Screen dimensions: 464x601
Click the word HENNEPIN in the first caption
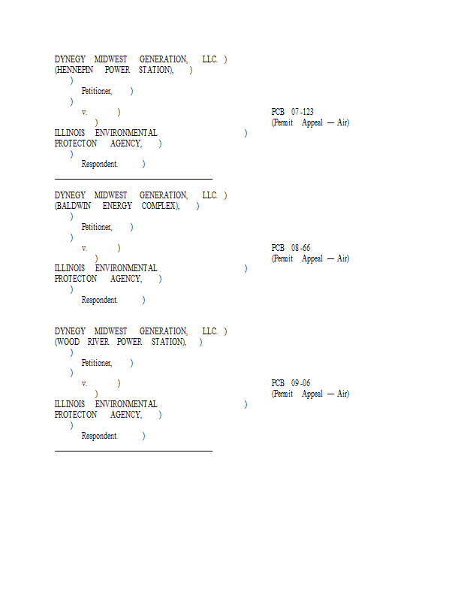[74, 70]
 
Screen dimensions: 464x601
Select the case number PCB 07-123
[292, 112]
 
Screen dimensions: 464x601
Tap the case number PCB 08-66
[291, 248]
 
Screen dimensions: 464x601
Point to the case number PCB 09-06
[291, 383]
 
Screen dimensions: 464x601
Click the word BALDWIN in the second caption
[73, 206]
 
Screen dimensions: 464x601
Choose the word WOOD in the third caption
[67, 342]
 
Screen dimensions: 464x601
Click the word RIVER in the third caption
[98, 342]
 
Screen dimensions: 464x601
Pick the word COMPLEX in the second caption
[160, 206]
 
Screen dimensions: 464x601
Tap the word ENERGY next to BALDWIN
[117, 206]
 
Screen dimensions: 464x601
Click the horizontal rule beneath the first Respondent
[134, 179]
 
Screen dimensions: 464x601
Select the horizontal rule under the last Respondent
[134, 452]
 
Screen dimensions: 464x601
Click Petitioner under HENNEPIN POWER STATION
[97, 91]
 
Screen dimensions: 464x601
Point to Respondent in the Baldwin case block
[99, 300]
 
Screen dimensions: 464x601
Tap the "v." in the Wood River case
[84, 384]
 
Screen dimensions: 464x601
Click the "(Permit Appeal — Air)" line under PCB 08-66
[310, 258]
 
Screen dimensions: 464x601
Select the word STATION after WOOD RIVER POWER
[169, 342]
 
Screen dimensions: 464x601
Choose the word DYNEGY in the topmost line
[70, 59]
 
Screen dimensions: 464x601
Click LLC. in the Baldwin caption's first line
[209, 195]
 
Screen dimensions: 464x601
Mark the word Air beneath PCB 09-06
[343, 394]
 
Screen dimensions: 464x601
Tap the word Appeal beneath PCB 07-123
[312, 123]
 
